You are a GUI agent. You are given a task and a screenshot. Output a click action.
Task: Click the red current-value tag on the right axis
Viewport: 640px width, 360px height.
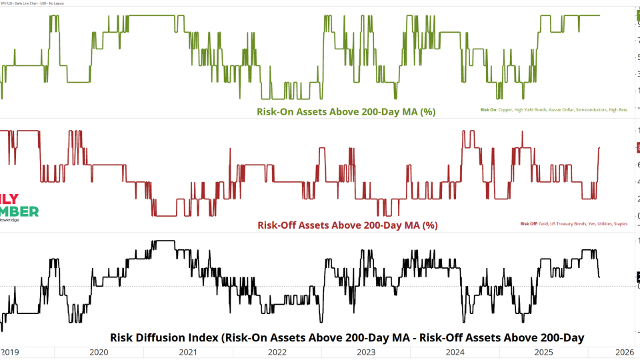[637, 147]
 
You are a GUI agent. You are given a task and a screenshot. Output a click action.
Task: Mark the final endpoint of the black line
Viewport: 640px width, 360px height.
[599, 277]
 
